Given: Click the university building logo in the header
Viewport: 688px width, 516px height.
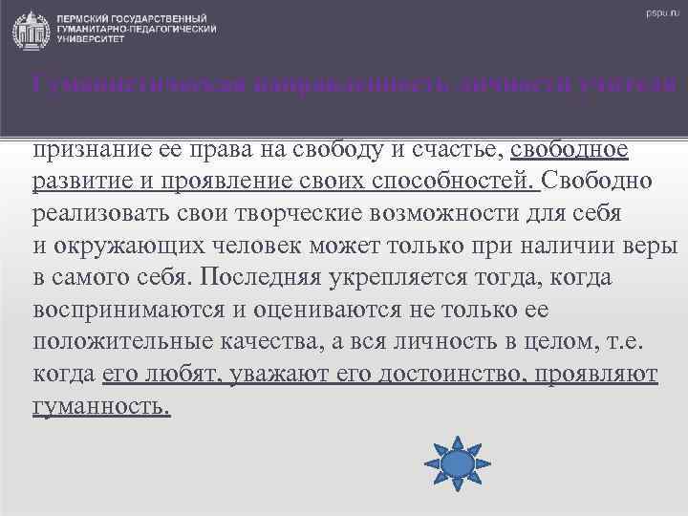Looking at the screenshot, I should (28, 30).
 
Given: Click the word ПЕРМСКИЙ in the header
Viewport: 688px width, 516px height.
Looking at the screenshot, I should (84, 20).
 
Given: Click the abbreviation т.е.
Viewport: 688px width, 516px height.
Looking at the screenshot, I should (634, 340).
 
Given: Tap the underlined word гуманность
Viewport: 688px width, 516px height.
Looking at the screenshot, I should (101, 404).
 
